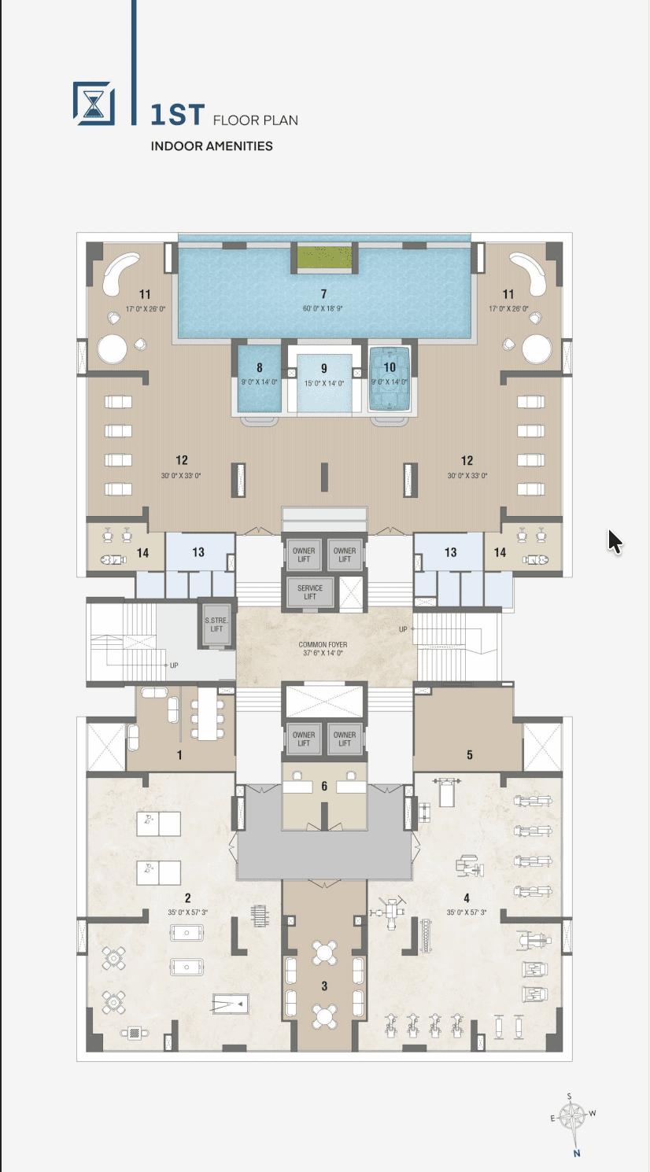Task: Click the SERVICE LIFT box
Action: pyautogui.click(x=310, y=592)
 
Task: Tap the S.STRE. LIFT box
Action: pyautogui.click(x=216, y=625)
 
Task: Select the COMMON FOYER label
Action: pyautogui.click(x=323, y=645)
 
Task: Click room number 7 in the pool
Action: pyautogui.click(x=324, y=293)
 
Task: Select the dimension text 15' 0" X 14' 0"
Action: pyautogui.click(x=324, y=384)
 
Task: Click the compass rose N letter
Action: pyautogui.click(x=577, y=1153)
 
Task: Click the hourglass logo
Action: pyautogui.click(x=94, y=104)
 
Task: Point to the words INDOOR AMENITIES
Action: pyautogui.click(x=212, y=146)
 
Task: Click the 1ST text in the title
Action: pyautogui.click(x=177, y=115)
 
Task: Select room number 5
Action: pyautogui.click(x=470, y=755)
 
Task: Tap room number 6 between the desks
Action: pyautogui.click(x=324, y=786)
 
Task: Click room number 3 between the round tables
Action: pyautogui.click(x=324, y=986)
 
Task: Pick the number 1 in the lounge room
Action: pyautogui.click(x=179, y=755)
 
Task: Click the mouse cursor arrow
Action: pyautogui.click(x=615, y=541)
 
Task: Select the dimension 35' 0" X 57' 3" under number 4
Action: pyautogui.click(x=467, y=912)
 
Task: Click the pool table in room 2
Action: pyautogui.click(x=231, y=1004)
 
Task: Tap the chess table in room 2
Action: pyautogui.click(x=135, y=1033)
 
